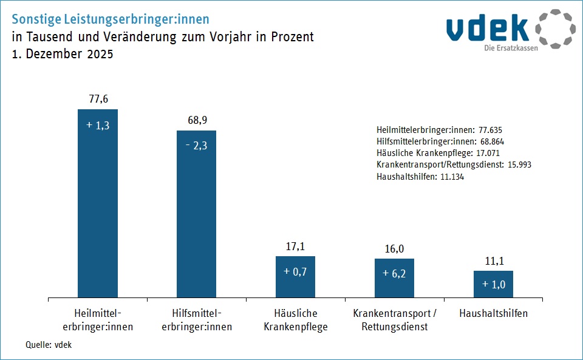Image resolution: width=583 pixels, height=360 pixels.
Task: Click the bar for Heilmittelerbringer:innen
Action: click(98, 203)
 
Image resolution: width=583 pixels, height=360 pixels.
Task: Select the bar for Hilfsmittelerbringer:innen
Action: click(196, 214)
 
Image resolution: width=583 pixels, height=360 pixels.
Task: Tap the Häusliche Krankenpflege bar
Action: click(295, 277)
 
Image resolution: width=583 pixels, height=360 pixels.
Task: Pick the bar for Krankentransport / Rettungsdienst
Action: click(394, 278)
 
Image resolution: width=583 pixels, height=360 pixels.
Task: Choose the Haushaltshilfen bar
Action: click(493, 284)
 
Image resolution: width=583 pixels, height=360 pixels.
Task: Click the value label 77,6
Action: click(98, 99)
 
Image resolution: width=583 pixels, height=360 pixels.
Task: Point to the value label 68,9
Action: click(197, 120)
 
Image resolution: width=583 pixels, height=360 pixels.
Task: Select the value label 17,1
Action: click(296, 246)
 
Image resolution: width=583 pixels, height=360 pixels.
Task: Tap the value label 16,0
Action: click(394, 248)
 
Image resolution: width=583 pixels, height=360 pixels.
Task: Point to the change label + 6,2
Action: click(394, 273)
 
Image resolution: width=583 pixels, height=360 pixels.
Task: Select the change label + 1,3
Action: click(98, 125)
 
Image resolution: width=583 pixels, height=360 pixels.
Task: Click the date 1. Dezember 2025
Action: click(63, 53)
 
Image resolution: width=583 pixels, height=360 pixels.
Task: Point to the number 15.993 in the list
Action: click(517, 165)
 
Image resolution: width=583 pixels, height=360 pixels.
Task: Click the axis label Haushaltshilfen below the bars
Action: click(493, 314)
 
